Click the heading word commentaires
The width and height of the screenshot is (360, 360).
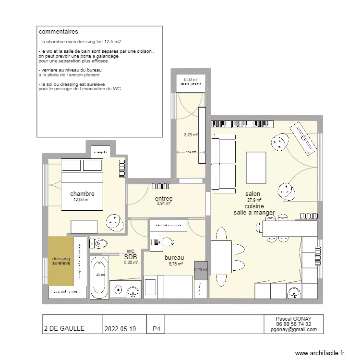[x=58, y=32]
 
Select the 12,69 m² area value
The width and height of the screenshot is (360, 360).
[x=82, y=200]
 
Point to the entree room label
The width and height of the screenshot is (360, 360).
[x=164, y=198]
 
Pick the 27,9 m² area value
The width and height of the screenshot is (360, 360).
[x=254, y=200]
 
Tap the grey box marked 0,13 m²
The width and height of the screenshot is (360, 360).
[x=201, y=269]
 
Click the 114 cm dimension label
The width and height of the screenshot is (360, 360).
[x=191, y=152]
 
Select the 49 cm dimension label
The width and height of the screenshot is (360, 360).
[x=100, y=275]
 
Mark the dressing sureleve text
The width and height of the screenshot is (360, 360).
[x=61, y=261]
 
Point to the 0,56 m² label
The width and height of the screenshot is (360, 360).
[x=191, y=79]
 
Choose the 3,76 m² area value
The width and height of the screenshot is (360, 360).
[x=191, y=135]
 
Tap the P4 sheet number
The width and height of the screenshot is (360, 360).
[x=156, y=329]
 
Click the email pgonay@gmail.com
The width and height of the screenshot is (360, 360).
[x=293, y=329]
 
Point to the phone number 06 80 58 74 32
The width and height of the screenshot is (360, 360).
[x=293, y=324]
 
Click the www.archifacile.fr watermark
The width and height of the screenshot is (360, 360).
[x=320, y=353]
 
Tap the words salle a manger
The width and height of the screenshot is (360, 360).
[x=254, y=212]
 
